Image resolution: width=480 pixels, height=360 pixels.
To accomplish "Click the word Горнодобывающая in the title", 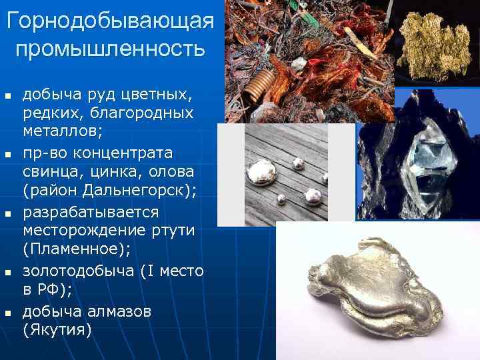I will [x=110, y=21].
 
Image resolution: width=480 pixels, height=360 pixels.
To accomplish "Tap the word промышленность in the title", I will [x=110, y=49].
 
